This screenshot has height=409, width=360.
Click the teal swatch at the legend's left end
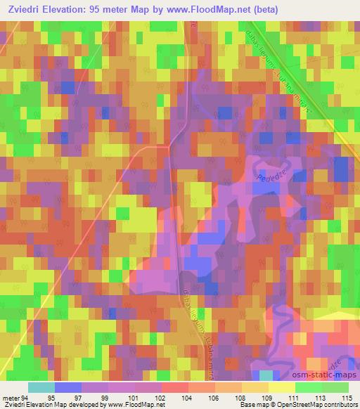[x=41, y=388]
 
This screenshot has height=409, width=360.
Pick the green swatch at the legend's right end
[x=335, y=388]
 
